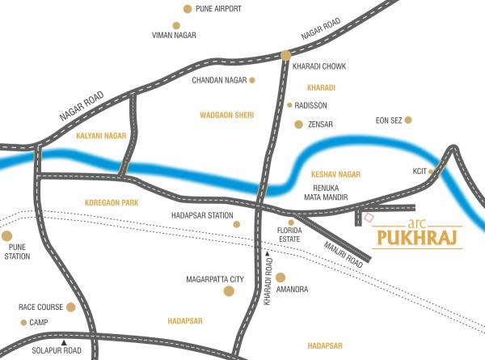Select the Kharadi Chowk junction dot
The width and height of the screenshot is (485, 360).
pyautogui.click(x=286, y=55)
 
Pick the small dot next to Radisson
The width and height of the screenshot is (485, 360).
pyautogui.click(x=289, y=105)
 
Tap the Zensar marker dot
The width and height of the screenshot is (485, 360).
pyautogui.click(x=298, y=125)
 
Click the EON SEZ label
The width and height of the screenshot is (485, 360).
pyautogui.click(x=389, y=121)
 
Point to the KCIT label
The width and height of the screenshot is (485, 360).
pyautogui.click(x=420, y=172)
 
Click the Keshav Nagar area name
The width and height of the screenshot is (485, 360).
pyautogui.click(x=335, y=174)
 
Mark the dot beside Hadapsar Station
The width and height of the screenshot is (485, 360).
pyautogui.click(x=236, y=224)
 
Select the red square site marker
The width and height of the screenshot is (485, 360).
pyautogui.click(x=369, y=217)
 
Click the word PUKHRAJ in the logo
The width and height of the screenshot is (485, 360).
pyautogui.click(x=417, y=239)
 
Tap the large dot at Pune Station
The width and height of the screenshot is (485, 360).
pyautogui.click(x=7, y=237)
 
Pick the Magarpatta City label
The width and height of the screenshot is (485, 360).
pyautogui.click(x=214, y=279)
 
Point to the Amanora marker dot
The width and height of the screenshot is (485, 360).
pyautogui.click(x=280, y=277)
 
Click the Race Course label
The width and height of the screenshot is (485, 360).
pyautogui.click(x=40, y=307)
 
